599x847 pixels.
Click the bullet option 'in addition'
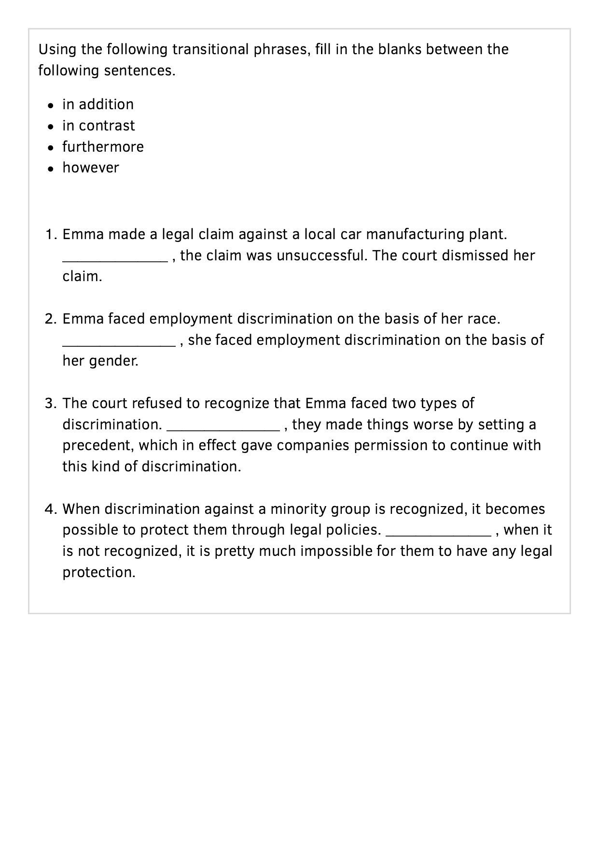(x=98, y=104)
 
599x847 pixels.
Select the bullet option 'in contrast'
(x=98, y=126)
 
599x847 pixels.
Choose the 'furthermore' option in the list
(x=103, y=147)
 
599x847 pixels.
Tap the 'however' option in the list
(x=90, y=168)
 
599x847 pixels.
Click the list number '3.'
(x=51, y=403)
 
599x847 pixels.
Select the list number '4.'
(x=51, y=509)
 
